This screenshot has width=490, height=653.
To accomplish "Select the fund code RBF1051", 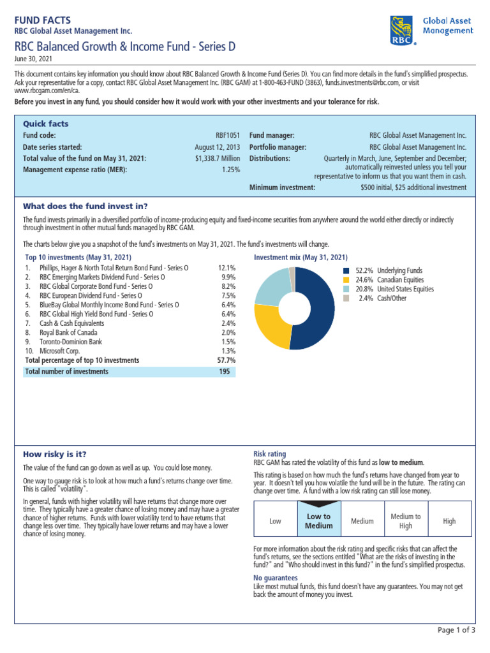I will pyautogui.click(x=228, y=135).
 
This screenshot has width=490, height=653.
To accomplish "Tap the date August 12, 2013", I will pyautogui.click(x=218, y=147).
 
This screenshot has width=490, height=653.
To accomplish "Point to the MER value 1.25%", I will pyautogui.click(x=231, y=170).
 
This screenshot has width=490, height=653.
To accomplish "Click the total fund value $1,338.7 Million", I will pyautogui.click(x=218, y=158).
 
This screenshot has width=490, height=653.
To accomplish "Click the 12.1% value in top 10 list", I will pyautogui.click(x=226, y=268).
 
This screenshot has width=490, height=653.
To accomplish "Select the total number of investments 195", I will pyautogui.click(x=224, y=371).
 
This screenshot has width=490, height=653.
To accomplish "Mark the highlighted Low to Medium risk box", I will pyautogui.click(x=318, y=521).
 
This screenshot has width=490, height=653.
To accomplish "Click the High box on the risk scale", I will pyautogui.click(x=449, y=521).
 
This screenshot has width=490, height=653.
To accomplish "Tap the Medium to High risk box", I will pyautogui.click(x=406, y=521).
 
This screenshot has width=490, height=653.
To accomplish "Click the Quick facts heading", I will pyautogui.click(x=45, y=124).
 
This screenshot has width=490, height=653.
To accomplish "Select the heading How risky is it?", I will pyautogui.click(x=54, y=454).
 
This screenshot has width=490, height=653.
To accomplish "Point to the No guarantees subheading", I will pyautogui.click(x=276, y=578).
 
